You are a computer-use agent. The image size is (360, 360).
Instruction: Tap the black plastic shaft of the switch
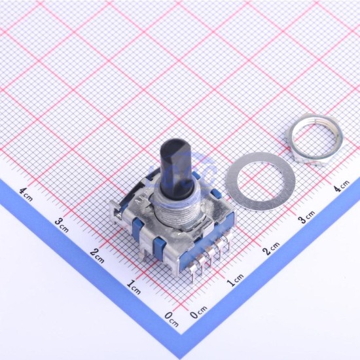[176, 166]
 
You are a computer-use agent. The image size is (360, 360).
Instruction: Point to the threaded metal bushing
[179, 212]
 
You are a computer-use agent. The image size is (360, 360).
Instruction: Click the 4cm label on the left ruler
[26, 194]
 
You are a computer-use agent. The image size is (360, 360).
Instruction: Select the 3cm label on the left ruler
[62, 225]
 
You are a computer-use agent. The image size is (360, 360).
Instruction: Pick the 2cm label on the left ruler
[97, 255]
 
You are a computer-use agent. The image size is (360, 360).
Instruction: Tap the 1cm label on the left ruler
[134, 287]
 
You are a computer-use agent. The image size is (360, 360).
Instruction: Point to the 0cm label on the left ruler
[171, 319]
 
